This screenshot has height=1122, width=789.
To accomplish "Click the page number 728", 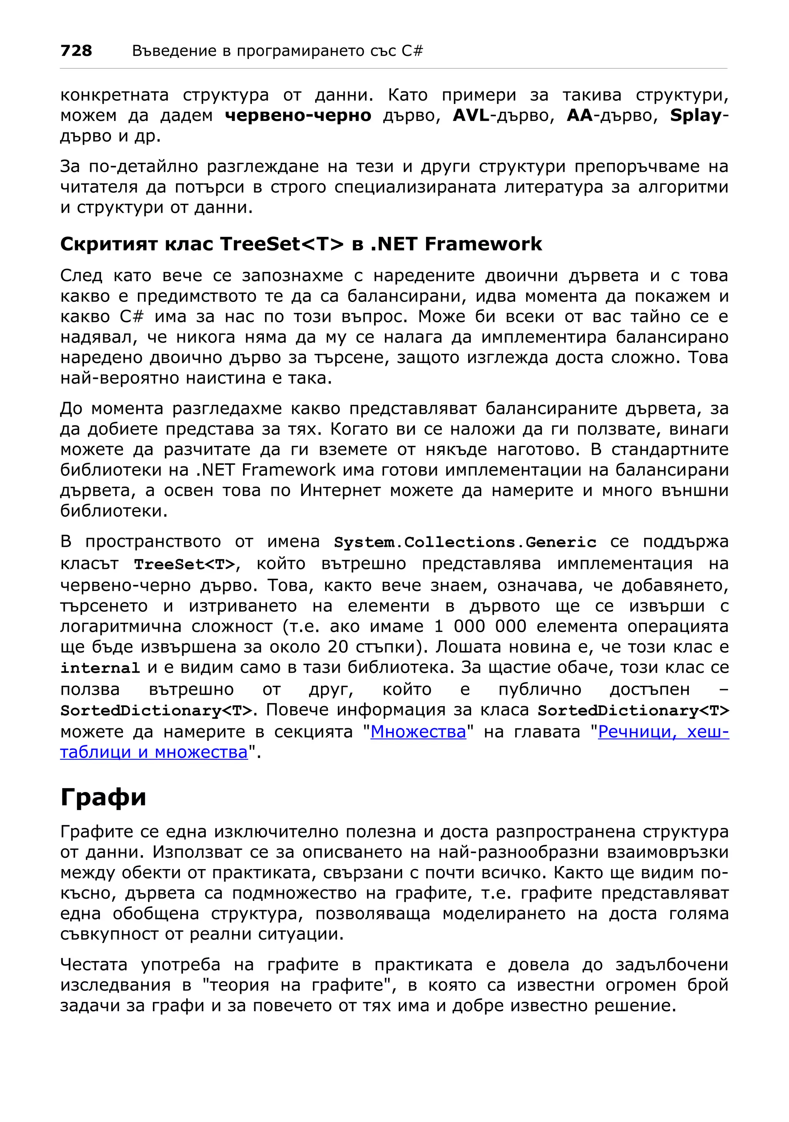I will pos(76,50).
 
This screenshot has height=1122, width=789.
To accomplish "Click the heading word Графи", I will pos(103,797).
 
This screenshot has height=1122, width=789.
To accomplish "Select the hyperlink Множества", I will pos(418,732).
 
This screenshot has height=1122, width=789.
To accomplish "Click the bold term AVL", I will pos(471,116).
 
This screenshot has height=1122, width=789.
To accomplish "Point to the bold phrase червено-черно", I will pos(298,116).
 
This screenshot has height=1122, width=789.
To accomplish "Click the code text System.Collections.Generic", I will pos(465,543).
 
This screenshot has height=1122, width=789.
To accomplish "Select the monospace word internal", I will pos(100,668).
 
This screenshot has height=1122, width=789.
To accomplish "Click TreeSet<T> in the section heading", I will pos(282,244).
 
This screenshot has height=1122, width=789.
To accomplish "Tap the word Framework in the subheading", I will pos(483,244).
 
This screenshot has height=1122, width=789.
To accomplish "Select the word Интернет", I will pos(340,490).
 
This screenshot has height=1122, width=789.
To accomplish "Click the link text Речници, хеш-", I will pos(663,732).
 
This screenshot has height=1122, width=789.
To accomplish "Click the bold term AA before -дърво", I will pos(579,116).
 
